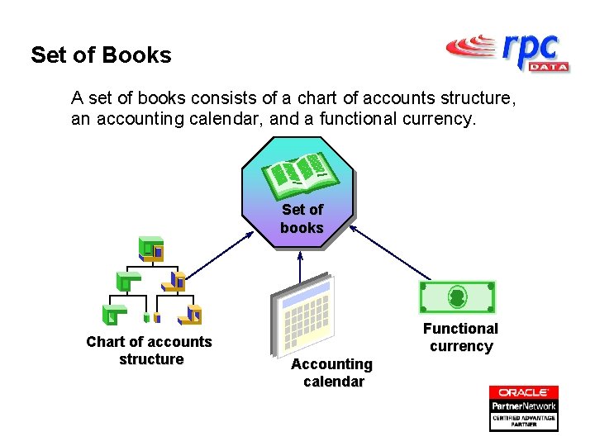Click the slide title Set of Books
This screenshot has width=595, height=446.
[x=101, y=55]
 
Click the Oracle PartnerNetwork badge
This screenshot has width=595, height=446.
[x=523, y=408]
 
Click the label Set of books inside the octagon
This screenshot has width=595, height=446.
[x=302, y=219]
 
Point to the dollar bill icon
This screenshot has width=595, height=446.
[x=457, y=297]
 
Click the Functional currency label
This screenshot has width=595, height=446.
[x=460, y=337]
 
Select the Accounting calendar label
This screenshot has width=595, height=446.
[x=332, y=372]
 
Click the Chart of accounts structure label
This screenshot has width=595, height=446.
[x=150, y=350]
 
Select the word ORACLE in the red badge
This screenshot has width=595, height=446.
[x=523, y=392]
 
